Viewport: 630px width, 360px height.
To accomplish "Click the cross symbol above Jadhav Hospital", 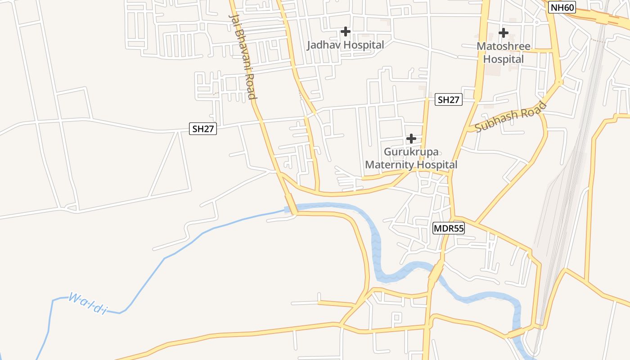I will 346,31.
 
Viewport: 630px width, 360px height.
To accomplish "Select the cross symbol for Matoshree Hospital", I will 504,33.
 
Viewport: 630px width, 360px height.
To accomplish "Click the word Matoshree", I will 504,46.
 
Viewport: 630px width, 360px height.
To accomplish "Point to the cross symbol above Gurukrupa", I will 411,139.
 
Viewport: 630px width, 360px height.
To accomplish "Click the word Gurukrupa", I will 411,152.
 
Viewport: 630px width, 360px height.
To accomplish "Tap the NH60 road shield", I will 562,7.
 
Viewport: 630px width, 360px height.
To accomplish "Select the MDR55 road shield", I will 448,229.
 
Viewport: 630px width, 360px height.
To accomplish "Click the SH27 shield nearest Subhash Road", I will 449,100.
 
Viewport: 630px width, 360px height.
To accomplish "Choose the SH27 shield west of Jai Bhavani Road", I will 203,129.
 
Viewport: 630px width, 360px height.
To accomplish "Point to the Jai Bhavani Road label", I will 243,56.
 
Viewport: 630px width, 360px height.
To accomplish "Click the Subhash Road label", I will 511,117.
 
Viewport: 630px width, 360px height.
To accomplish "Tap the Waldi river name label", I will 87,303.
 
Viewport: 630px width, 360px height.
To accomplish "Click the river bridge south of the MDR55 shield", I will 436,271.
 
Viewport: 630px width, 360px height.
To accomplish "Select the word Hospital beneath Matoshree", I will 504,59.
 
